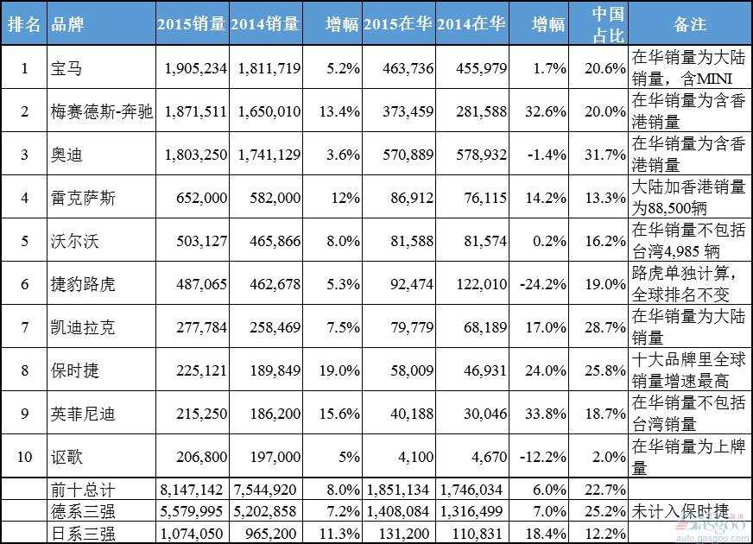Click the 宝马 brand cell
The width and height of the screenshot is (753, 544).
click(65, 68)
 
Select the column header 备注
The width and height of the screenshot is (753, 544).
click(690, 24)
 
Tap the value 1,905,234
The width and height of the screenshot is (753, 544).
click(196, 68)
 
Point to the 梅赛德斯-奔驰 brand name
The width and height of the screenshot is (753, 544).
click(102, 111)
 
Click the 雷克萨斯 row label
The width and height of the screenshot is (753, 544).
click(83, 199)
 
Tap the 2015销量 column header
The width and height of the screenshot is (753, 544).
click(192, 24)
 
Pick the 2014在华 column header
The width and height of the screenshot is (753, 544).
click(471, 24)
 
